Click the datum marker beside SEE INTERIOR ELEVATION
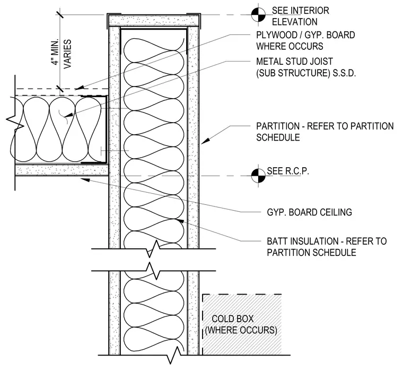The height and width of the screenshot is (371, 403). click(x=258, y=15)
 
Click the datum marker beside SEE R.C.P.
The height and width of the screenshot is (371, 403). click(x=258, y=176)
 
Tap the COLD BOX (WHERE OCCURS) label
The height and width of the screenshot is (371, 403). click(x=241, y=324)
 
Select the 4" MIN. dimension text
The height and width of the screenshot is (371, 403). click(x=55, y=52)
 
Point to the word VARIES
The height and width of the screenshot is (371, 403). click(x=67, y=54)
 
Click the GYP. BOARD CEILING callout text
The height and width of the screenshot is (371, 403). click(x=310, y=212)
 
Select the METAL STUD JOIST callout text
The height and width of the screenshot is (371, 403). click(x=294, y=62)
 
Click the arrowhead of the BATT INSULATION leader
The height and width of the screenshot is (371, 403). click(x=180, y=221)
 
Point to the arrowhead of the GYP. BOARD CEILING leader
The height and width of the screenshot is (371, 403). click(x=85, y=179)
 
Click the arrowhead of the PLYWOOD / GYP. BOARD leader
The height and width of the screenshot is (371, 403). click(x=80, y=88)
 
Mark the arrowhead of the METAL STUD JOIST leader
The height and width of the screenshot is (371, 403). click(x=68, y=115)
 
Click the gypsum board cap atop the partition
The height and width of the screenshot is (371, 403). click(x=154, y=20)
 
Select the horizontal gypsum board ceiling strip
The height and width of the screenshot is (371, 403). click(x=62, y=170)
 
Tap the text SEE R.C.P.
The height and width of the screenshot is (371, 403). click(x=288, y=171)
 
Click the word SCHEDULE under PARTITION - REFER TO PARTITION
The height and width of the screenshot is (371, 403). click(x=278, y=137)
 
